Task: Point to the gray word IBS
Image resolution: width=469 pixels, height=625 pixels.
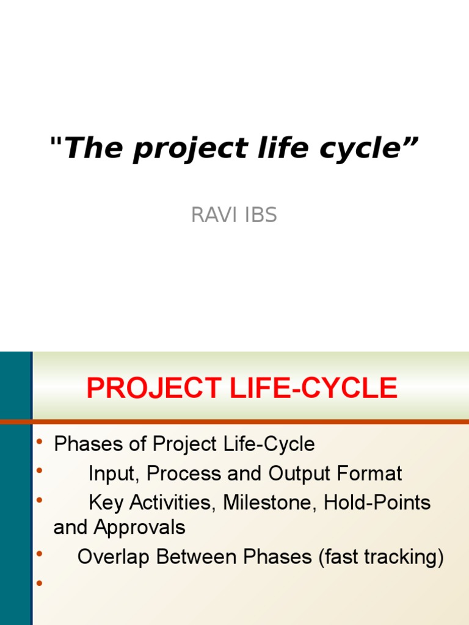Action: click(x=258, y=215)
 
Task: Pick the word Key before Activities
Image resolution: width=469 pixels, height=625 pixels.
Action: click(x=106, y=503)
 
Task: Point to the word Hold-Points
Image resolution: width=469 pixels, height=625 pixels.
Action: click(x=377, y=503)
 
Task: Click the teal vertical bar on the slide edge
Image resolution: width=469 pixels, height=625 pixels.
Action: click(x=15, y=488)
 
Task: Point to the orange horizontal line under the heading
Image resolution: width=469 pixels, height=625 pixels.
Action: click(x=244, y=422)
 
